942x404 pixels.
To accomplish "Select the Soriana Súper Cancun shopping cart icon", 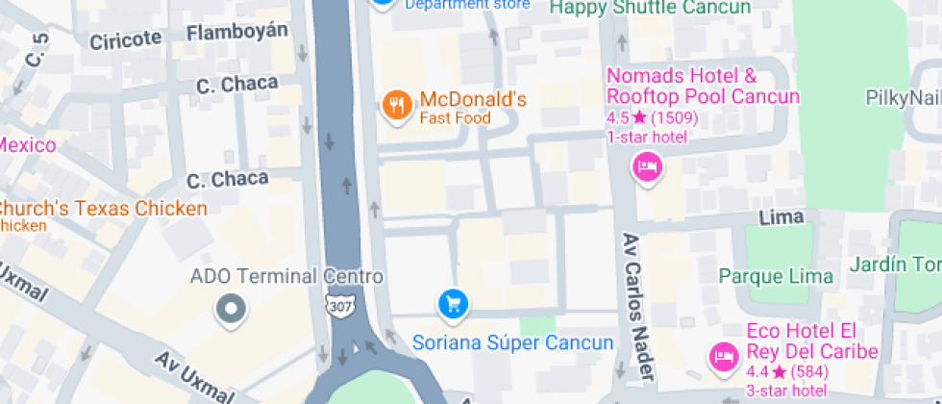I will pyautogui.click(x=453, y=305).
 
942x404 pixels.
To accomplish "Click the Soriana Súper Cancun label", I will pyautogui.click(x=512, y=342).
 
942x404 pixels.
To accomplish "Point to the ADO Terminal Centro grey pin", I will pyautogui.click(x=232, y=310).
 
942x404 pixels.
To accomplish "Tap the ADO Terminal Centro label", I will pyautogui.click(x=286, y=277).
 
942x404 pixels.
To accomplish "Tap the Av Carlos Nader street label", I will pyautogui.click(x=638, y=306).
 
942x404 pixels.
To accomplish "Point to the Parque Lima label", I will pyautogui.click(x=777, y=277).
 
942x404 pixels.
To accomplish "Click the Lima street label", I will pyautogui.click(x=781, y=217).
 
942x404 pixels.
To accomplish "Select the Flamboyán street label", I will pyautogui.click(x=237, y=33).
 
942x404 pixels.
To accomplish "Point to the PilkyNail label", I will pyautogui.click(x=903, y=97).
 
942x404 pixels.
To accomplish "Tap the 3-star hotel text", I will pyautogui.click(x=786, y=390).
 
